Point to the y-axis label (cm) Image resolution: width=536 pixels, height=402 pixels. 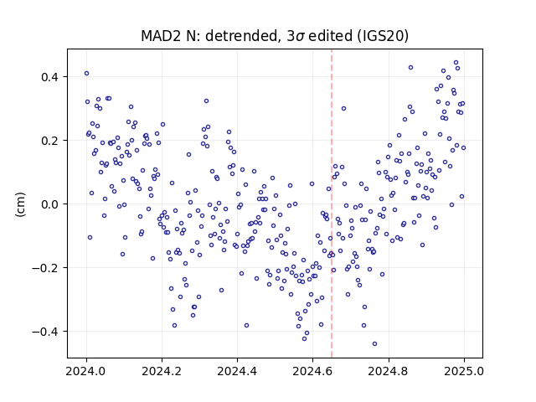(20, 204)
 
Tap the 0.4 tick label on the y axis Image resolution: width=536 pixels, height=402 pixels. (49, 77)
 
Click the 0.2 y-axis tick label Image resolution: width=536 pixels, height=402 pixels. (49, 141)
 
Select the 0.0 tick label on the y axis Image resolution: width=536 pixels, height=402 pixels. (49, 204)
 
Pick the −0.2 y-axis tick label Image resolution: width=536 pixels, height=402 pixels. (45, 268)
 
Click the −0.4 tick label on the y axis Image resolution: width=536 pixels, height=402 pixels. (45, 332)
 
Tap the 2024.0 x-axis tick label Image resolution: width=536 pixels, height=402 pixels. (86, 371)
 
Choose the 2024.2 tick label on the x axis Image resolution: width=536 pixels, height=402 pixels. (162, 371)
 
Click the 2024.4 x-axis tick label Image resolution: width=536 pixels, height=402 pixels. (237, 371)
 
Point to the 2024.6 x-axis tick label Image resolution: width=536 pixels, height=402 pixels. (312, 371)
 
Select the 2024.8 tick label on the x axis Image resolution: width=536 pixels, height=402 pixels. (389, 371)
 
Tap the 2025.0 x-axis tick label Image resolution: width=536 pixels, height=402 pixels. (464, 371)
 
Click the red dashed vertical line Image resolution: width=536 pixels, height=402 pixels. (332, 204)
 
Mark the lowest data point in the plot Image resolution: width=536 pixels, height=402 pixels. (374, 344)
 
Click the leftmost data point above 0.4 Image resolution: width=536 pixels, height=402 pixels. (86, 73)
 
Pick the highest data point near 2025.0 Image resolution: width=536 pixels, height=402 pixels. (456, 63)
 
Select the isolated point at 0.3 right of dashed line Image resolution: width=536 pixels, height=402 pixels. (343, 108)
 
